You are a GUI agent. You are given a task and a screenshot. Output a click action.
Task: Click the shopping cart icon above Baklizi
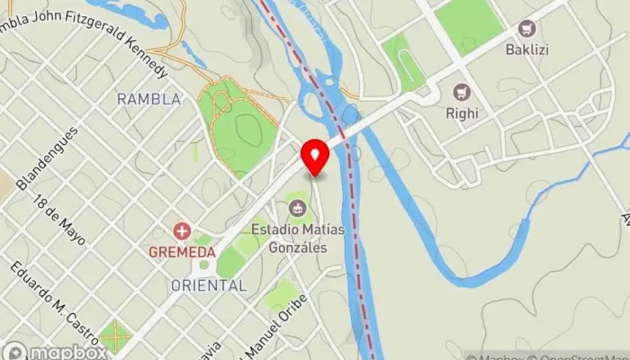[x=527, y=29]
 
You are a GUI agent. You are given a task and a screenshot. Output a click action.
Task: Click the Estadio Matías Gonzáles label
[x=298, y=238]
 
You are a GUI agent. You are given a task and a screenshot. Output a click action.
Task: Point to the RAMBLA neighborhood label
[x=148, y=99]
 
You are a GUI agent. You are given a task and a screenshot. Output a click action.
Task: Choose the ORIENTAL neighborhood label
[x=209, y=285]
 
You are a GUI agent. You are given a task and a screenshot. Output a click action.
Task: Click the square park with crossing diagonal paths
[x=114, y=336]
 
